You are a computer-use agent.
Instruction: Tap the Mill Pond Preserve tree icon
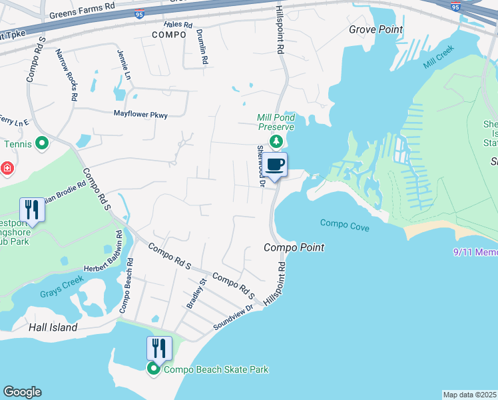276,141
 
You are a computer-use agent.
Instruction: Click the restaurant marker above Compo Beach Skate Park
159,348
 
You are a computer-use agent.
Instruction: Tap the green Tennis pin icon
41,143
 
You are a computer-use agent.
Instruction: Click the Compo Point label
294,247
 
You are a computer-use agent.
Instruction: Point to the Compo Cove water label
345,223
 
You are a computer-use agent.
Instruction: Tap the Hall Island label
53,327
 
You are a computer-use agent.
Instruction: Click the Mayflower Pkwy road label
140,115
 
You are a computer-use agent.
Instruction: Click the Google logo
22,392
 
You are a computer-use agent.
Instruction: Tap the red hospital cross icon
6,168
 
